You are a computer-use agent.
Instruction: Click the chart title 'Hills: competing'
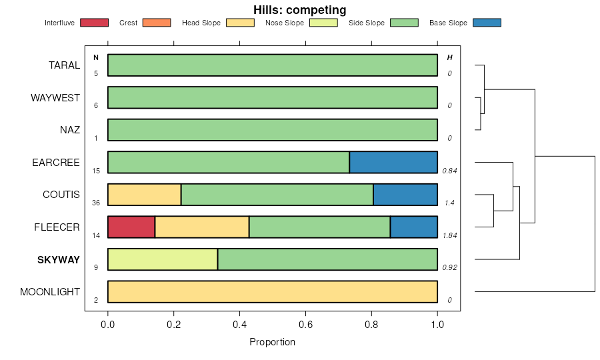coord(299,10)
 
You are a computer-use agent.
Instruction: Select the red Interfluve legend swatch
coord(94,23)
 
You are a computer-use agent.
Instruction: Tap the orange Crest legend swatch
coord(157,23)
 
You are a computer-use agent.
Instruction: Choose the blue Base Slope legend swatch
coord(486,23)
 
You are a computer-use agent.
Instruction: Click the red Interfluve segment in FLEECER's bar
coord(131,227)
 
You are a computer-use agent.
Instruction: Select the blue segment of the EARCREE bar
coord(393,162)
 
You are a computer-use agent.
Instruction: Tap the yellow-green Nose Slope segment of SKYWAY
coord(163,259)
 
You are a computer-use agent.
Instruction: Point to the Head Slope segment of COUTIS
coord(144,195)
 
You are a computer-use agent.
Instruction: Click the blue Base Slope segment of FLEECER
coord(413,227)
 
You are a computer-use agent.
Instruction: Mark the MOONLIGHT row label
coord(50,292)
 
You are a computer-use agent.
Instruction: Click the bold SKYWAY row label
coord(59,260)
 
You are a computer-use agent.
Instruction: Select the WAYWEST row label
coord(55,98)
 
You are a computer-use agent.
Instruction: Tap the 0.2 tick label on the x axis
coord(173,325)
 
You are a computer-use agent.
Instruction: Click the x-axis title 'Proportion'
coord(272,342)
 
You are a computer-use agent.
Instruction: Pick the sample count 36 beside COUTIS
coord(96,203)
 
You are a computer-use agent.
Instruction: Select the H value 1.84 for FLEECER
coord(449,235)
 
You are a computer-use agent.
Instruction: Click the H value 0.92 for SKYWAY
coord(449,267)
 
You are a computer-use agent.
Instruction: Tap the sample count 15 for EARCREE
coord(96,171)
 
